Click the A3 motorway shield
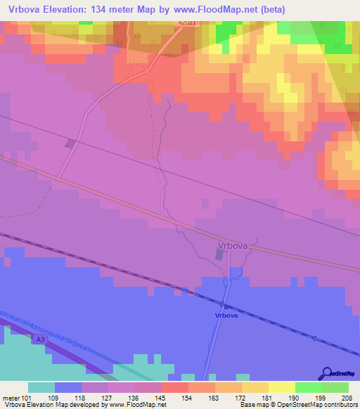tap(41, 339)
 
